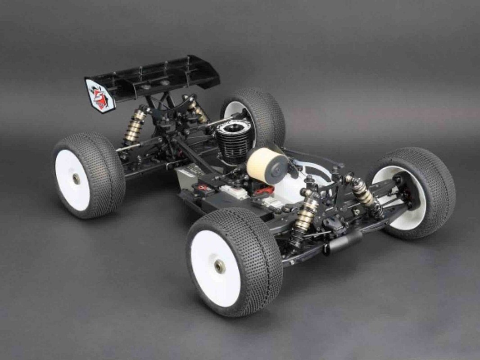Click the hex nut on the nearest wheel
220,266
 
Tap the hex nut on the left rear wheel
76,179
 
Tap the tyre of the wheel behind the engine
266,112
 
